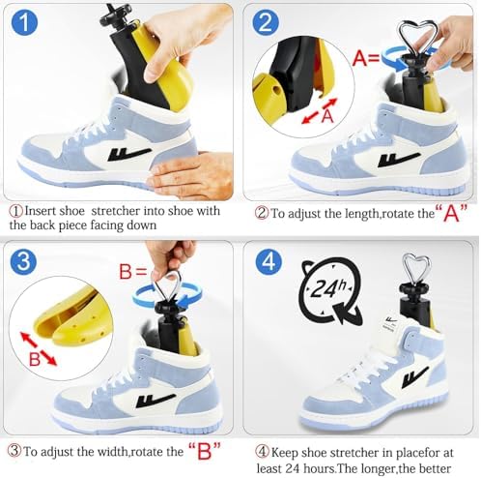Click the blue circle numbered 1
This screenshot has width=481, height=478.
24,22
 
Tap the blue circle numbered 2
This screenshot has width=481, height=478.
266,23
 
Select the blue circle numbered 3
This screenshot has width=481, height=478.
23,261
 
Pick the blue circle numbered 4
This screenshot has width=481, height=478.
269,261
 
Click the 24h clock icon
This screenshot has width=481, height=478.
330,290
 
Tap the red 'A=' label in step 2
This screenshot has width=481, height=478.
366,58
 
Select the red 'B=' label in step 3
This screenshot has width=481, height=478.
133,272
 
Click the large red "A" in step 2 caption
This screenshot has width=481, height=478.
451,213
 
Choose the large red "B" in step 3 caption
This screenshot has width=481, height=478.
204,451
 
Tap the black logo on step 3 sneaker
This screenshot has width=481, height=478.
156,400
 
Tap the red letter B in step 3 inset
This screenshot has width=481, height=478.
35,359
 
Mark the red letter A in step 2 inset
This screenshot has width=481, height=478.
327,116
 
